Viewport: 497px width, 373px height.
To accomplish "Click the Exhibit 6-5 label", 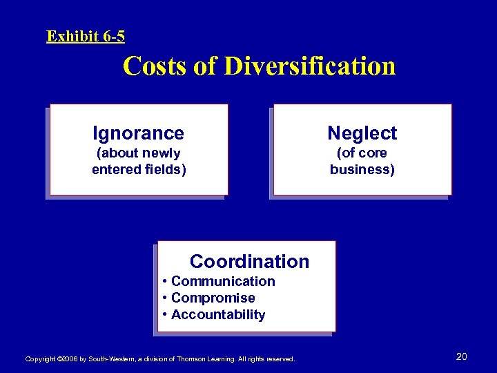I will (86, 36).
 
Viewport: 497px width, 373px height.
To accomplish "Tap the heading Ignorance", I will (139, 133).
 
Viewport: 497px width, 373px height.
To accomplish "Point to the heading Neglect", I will (362, 133).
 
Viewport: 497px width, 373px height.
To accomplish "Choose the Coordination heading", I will (249, 261).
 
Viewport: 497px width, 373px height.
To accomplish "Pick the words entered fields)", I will (139, 169).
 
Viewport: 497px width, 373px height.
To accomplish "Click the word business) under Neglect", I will (362, 169).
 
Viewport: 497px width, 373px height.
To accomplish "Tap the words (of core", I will (362, 153).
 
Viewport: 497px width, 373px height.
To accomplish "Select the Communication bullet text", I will (223, 281).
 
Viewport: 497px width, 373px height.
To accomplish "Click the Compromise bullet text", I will (213, 298).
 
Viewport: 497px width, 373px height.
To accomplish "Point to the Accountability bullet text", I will (218, 315).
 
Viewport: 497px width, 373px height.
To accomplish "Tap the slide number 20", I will (462, 356).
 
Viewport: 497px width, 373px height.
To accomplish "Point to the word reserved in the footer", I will (280, 359).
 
